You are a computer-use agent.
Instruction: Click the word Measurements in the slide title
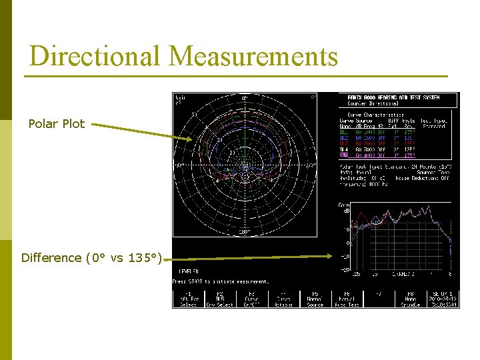[x=253, y=57]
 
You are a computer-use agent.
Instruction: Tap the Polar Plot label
[x=57, y=124]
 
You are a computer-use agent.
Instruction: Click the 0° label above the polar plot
[x=244, y=99]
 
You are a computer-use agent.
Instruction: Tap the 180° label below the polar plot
[x=244, y=231]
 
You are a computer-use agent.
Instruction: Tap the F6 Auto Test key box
[x=347, y=299]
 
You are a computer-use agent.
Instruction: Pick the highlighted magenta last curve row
[x=393, y=155]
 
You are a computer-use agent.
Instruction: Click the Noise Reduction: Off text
[x=425, y=178]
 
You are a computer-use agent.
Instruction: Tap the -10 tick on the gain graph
[x=345, y=257]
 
